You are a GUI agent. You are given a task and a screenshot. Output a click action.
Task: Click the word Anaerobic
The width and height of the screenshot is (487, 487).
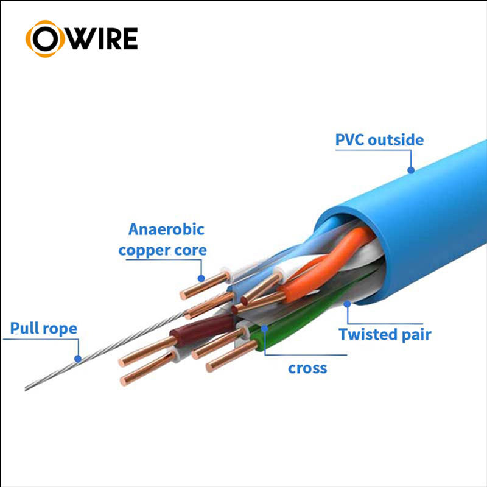click(166, 229)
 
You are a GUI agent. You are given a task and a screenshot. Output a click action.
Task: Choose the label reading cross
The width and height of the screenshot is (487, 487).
click(307, 368)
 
